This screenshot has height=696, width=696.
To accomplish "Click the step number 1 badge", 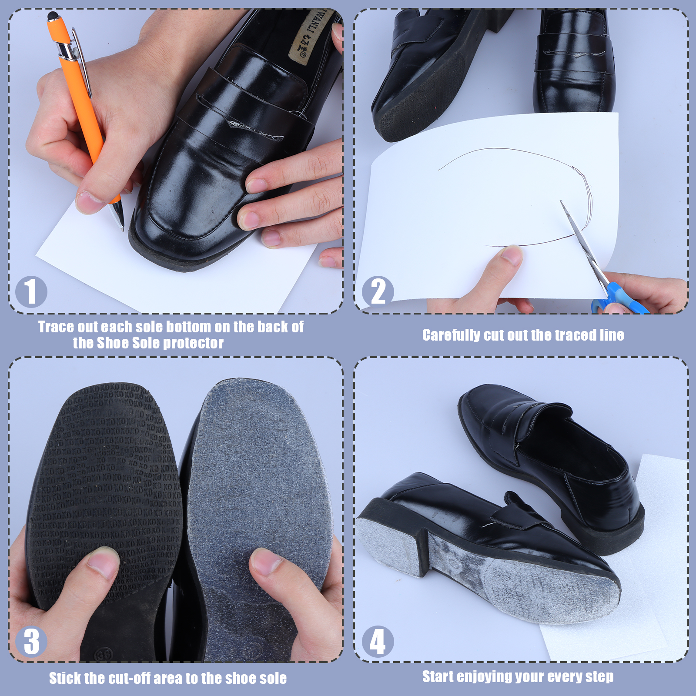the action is [31, 291].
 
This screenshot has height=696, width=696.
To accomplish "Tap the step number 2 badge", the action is [378, 291].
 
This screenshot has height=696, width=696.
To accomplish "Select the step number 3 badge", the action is [31, 641].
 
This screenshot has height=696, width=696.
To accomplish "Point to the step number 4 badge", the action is [378, 641].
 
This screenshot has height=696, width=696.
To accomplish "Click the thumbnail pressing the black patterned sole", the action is [103, 562].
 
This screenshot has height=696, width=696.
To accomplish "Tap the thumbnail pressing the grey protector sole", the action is [268, 562].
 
